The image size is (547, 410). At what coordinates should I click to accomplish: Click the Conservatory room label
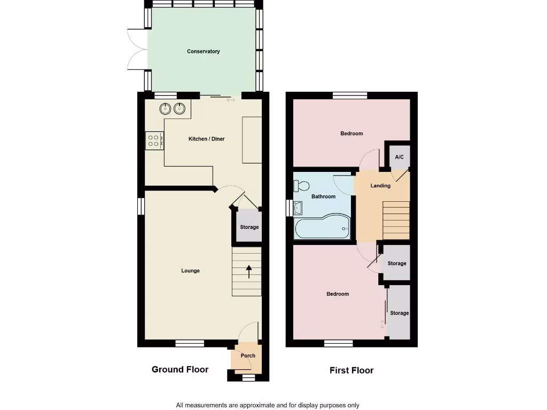[203, 52]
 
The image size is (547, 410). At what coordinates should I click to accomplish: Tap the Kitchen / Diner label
[206, 139]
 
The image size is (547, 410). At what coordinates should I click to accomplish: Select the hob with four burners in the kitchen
[154, 140]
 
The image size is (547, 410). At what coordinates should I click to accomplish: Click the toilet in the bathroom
[301, 186]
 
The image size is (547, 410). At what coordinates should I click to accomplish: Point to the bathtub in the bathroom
[322, 227]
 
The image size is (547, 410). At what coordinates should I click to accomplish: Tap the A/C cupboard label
[399, 157]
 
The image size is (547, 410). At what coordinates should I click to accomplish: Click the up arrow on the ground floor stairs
[249, 271]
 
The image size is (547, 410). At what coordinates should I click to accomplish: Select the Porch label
[248, 356]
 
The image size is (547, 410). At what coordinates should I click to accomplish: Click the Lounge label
[190, 271]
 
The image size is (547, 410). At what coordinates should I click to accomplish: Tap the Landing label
[380, 186]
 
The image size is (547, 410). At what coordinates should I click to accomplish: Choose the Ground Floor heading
[180, 369]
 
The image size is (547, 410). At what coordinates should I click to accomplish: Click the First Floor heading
[351, 370]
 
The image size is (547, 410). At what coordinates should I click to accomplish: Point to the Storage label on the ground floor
[249, 227]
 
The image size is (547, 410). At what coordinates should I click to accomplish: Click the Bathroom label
[324, 196]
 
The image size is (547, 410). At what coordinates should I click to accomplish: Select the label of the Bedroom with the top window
[351, 133]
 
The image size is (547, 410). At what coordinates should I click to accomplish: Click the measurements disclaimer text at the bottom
[268, 405]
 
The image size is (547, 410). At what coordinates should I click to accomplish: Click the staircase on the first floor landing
[396, 220]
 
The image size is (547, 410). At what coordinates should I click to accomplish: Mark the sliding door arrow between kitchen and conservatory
[231, 100]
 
